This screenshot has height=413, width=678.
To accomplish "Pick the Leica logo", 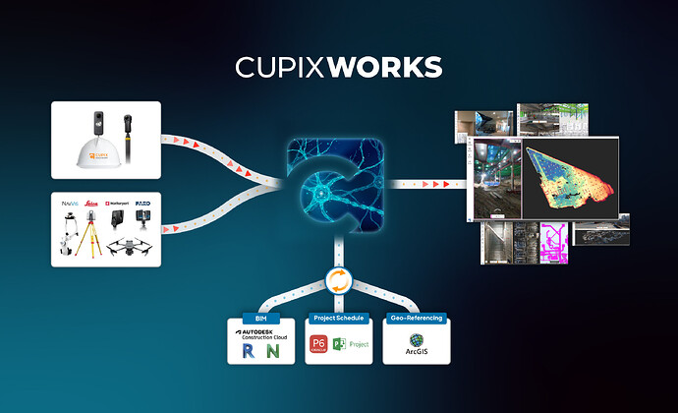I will pos(97,205).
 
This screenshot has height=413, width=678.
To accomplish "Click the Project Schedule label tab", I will pos(338,318).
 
